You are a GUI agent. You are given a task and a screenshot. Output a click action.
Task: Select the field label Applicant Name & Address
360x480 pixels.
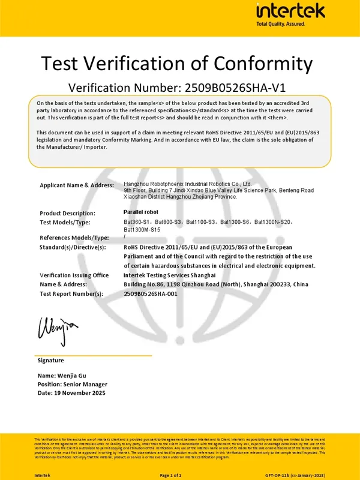click(x=76, y=185)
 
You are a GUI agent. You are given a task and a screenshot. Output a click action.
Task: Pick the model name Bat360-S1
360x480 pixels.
click(x=137, y=222)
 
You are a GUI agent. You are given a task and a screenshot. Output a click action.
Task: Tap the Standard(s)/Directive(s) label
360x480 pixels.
click(x=73, y=247)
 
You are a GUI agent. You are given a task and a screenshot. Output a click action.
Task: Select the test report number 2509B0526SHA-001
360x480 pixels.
click(x=151, y=294)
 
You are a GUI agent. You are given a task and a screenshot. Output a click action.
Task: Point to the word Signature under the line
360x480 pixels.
click(x=50, y=361)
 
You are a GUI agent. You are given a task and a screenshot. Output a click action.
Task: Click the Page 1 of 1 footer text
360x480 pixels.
click(x=170, y=475)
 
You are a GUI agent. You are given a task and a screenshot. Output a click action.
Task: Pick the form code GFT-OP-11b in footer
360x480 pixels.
click(x=280, y=475)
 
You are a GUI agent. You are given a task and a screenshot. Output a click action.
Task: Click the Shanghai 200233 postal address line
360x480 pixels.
click(x=224, y=284)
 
